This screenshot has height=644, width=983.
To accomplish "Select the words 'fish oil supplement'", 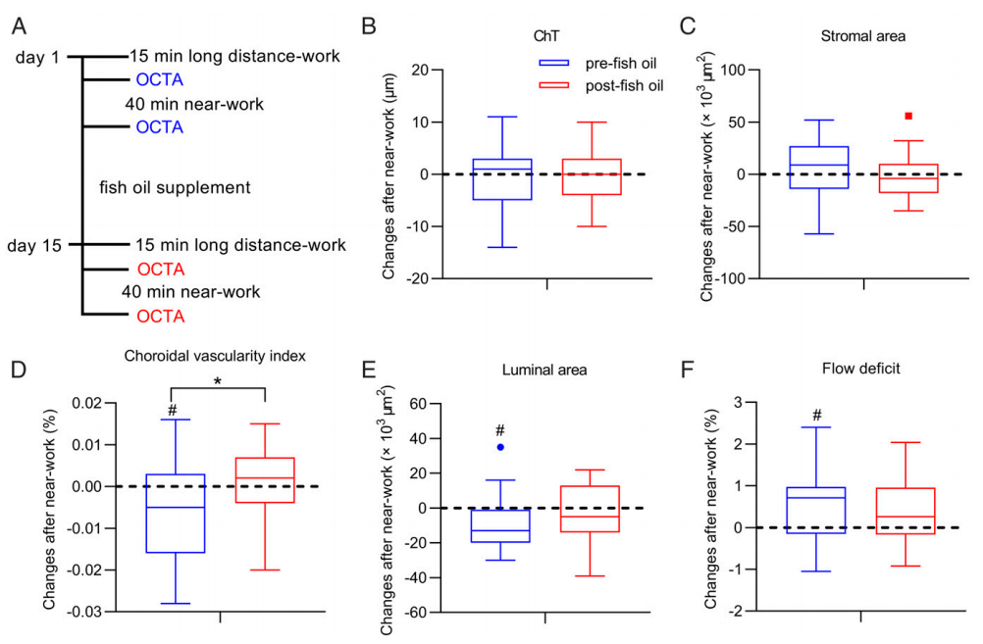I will pyautogui.click(x=175, y=186).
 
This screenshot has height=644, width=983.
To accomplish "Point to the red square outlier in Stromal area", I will pyautogui.click(x=908, y=116).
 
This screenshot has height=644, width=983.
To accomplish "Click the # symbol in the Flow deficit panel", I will pyautogui.click(x=816, y=416).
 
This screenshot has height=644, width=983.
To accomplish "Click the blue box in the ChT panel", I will pyautogui.click(x=501, y=178).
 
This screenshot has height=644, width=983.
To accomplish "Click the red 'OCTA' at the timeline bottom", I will pyautogui.click(x=160, y=316).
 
